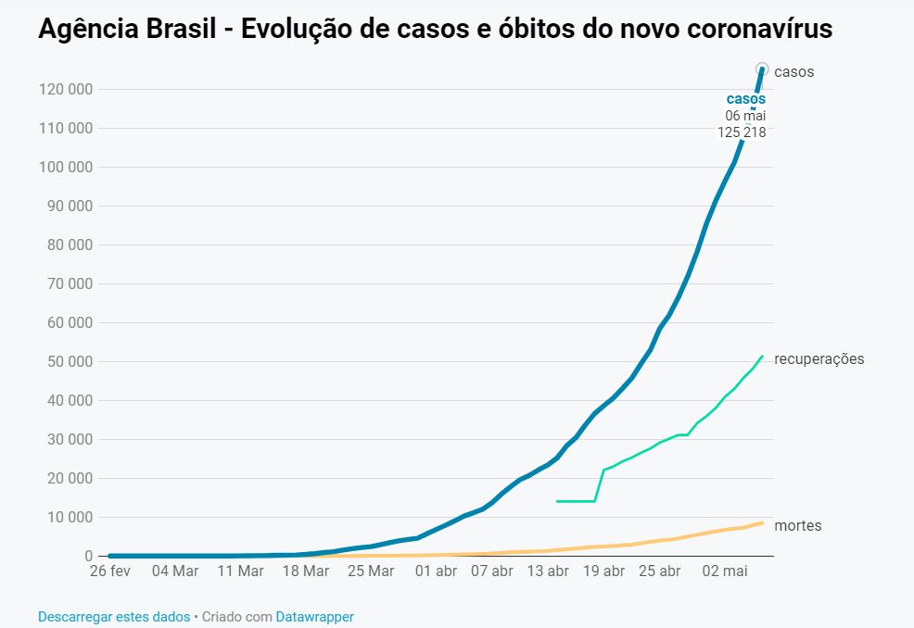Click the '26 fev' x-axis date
[109, 571]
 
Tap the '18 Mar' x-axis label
[305, 571]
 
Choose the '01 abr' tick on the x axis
[436, 571]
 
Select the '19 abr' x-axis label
[603, 571]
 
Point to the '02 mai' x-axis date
[724, 571]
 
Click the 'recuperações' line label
[819, 359]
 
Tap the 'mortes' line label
[797, 526]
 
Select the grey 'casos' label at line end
[793, 72]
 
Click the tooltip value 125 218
[742, 132]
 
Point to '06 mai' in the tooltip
[745, 116]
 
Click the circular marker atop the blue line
[763, 69]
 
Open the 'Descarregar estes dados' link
[114, 617]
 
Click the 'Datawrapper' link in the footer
[314, 617]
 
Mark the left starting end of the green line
[556, 501]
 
